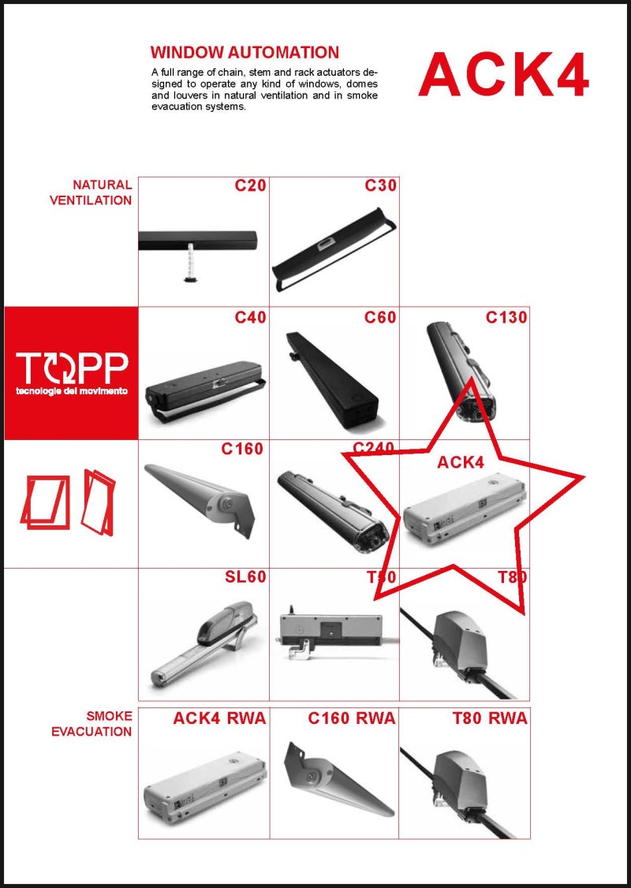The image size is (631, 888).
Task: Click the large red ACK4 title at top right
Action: [503, 76]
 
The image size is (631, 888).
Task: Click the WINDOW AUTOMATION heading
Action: [245, 53]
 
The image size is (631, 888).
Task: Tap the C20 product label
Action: [250, 186]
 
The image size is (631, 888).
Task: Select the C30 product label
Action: [380, 186]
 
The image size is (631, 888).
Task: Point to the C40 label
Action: [250, 318]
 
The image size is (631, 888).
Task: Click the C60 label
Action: [380, 318]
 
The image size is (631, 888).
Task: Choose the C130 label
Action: [506, 318]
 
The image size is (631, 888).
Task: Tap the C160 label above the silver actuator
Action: [242, 450]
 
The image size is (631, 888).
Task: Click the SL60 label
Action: [245, 577]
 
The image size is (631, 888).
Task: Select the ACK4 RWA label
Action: [219, 718]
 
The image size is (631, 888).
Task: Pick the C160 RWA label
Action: [352, 718]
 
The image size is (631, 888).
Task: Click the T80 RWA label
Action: [490, 718]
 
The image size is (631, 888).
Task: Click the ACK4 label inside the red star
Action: [461, 463]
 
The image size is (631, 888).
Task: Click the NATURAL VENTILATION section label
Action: [91, 192]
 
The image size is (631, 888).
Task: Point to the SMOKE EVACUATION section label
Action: [91, 724]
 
